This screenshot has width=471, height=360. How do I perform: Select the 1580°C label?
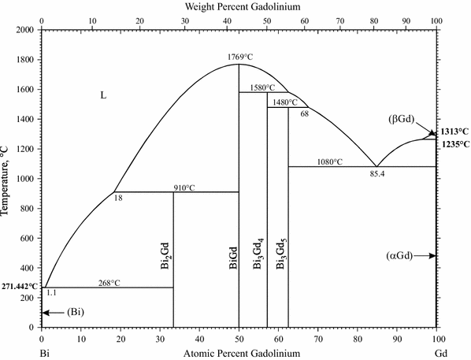[263, 87]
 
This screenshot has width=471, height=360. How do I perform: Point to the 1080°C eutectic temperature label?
[329, 161]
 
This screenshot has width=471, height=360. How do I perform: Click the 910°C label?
[184, 187]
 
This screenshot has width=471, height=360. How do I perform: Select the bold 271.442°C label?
[20, 286]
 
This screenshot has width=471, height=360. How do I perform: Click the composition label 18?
[119, 199]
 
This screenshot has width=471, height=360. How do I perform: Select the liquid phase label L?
[102, 95]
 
